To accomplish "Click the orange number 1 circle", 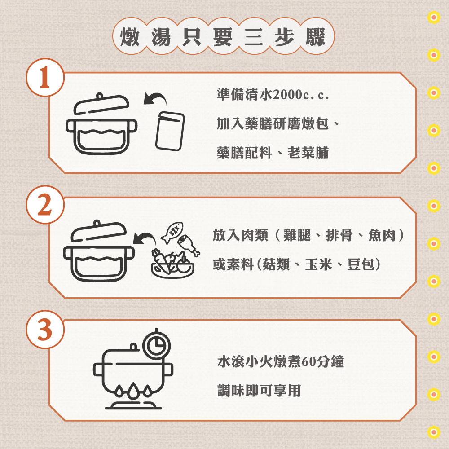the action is coord(45,77).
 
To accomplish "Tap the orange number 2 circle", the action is coord(45,204).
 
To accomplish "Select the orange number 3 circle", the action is coord(45,329).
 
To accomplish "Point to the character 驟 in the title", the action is coord(316,37).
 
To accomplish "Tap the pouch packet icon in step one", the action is coord(170,131).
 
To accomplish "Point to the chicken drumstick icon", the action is coord(189,245).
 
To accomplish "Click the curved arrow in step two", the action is coord(144,238).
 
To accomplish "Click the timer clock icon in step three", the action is coord(156,343).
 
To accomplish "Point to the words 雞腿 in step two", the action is coord(297,236).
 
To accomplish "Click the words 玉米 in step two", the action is coord(319,264).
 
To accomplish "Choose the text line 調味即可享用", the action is coord(259,391).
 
